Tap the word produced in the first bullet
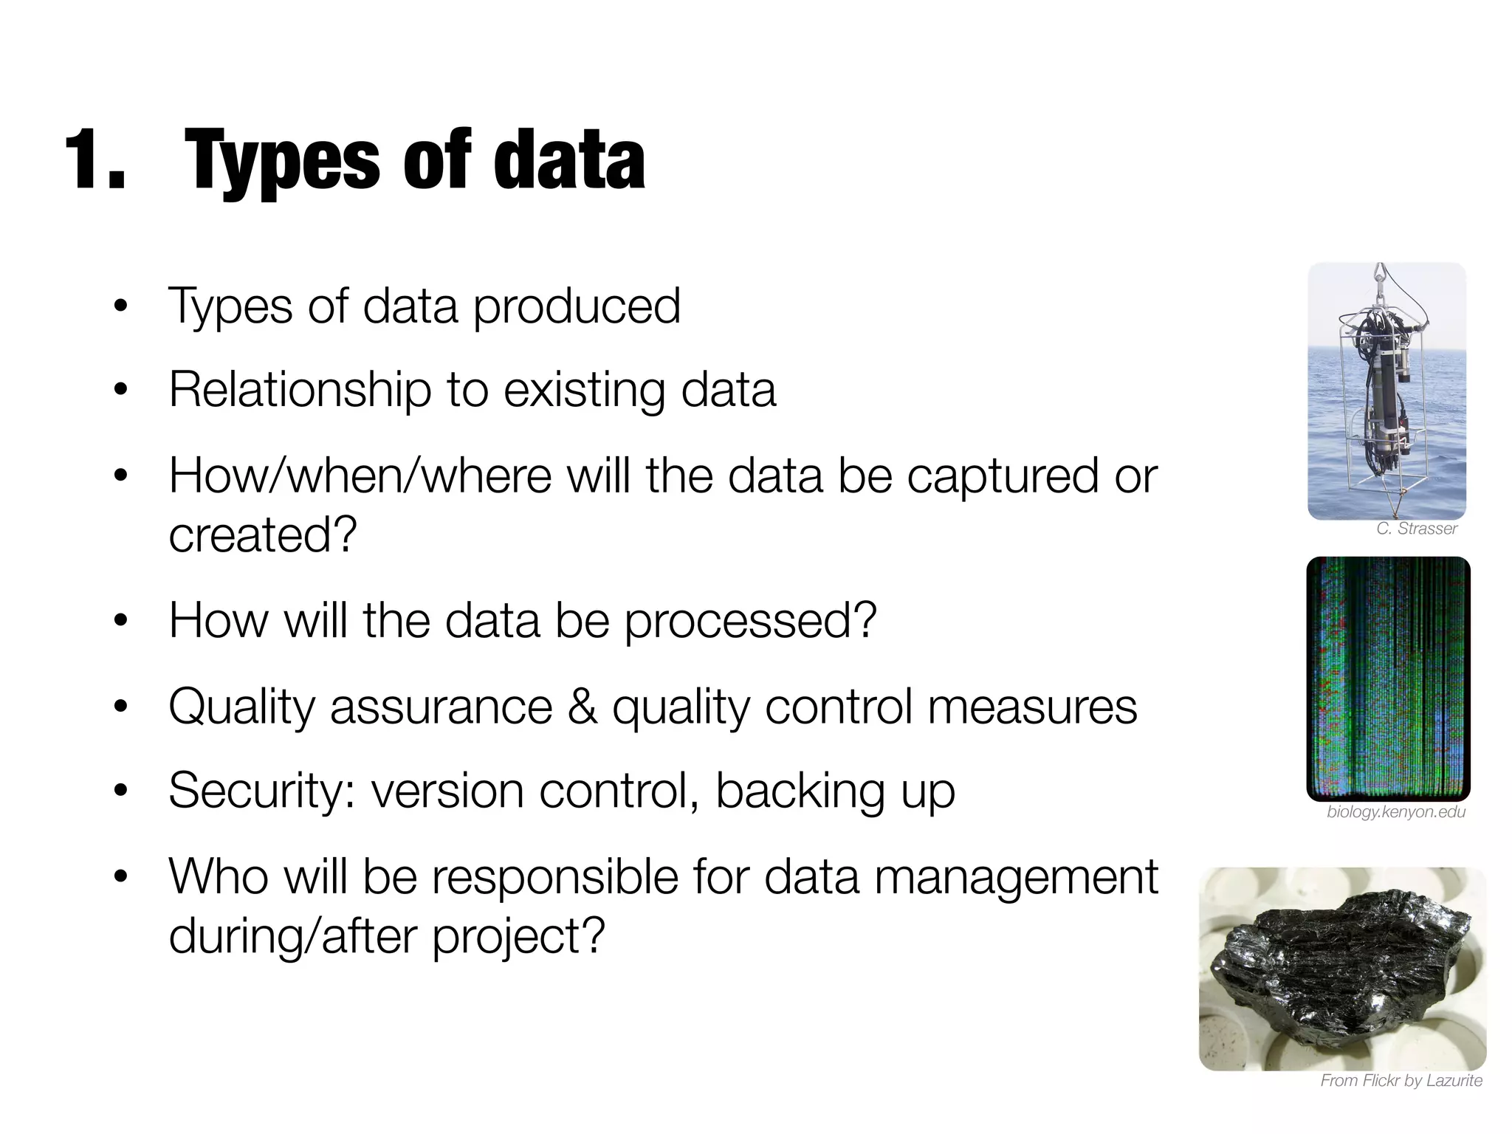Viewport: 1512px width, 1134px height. click(577, 306)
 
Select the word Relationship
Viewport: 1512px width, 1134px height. click(300, 390)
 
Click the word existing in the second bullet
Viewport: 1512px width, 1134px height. click(585, 390)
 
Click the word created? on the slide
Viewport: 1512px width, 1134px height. click(263, 535)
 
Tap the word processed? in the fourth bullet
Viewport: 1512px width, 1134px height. click(750, 620)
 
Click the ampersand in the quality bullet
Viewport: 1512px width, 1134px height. click(582, 707)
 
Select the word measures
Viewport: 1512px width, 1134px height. click(1031, 707)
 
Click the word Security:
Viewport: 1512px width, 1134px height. click(263, 791)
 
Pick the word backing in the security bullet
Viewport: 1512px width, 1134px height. click(800, 791)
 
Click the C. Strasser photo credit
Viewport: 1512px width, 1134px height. click(1416, 529)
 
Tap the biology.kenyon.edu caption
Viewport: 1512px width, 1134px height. click(1395, 812)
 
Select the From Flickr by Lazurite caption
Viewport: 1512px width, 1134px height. click(1401, 1081)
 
